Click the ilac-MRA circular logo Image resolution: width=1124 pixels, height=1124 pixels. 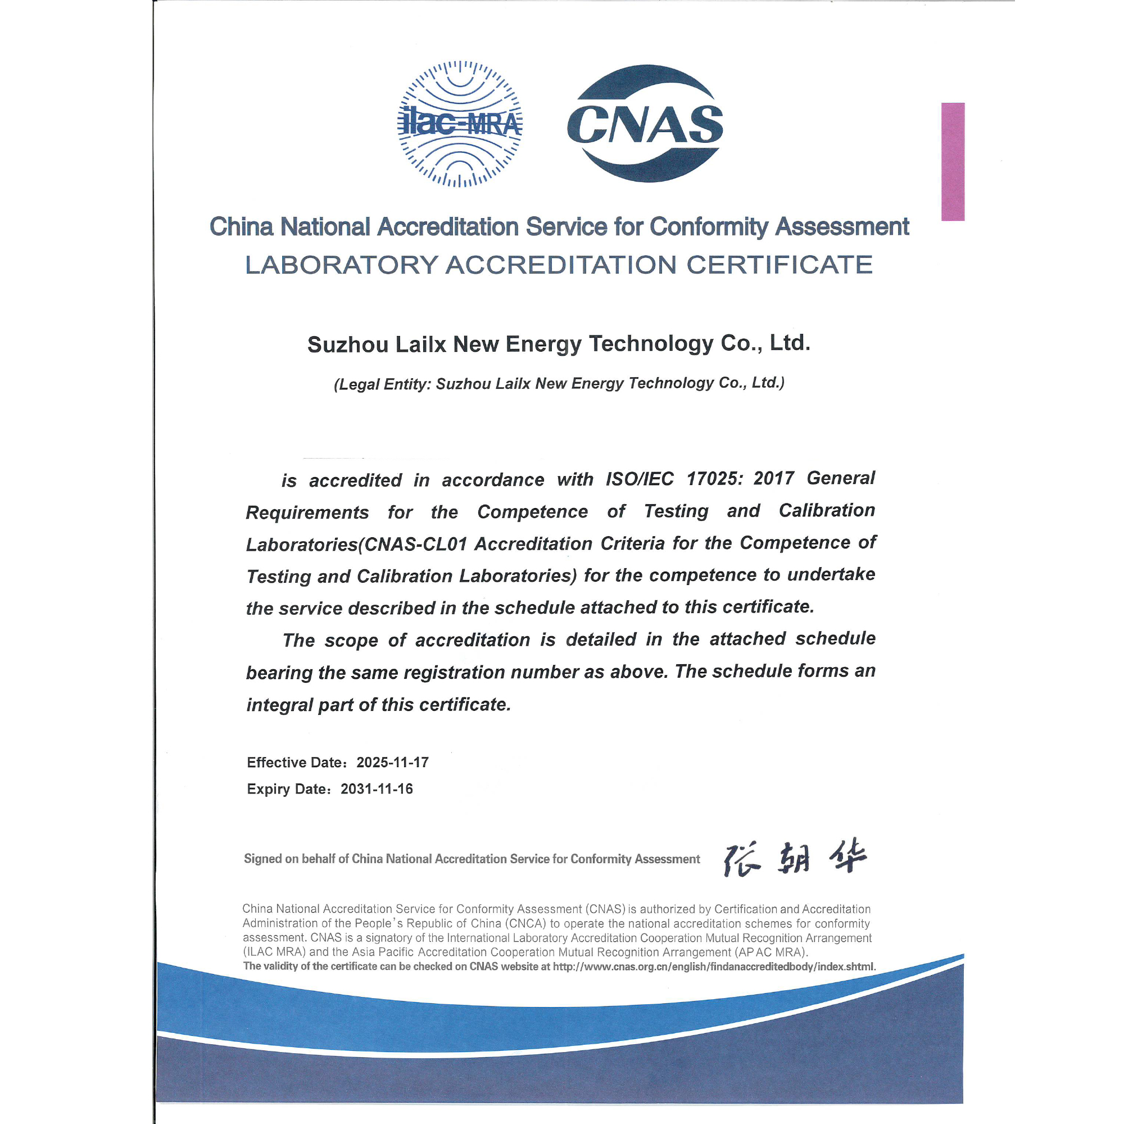(460, 124)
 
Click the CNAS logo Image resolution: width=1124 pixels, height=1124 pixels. (645, 123)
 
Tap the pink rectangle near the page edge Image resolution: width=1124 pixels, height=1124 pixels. (953, 161)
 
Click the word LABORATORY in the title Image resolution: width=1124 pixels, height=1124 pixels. (341, 265)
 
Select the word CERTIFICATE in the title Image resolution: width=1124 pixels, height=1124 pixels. (779, 265)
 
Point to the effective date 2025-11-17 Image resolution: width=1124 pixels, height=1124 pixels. (393, 762)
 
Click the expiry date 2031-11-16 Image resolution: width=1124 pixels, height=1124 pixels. (377, 789)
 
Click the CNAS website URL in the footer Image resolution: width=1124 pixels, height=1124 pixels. (713, 966)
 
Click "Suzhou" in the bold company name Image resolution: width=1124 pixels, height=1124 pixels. (348, 345)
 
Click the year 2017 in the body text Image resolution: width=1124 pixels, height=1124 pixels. (774, 478)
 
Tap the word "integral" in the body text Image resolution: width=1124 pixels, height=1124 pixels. (280, 705)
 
